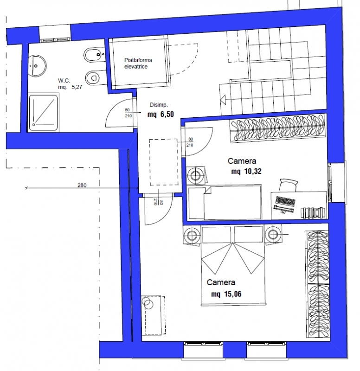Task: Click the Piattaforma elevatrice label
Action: coord(138,64)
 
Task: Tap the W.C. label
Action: coord(64,81)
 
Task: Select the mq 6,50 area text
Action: coord(161,114)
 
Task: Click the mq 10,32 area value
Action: coord(246,171)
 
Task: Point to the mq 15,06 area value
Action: coord(226,294)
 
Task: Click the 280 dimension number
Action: coord(82,185)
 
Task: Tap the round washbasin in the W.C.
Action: coord(37,66)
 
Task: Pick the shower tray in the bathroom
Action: coord(44,112)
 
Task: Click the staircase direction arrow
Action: coord(223,100)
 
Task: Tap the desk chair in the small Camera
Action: coord(288,185)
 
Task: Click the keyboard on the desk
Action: coord(286,202)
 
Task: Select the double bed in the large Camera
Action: coord(233,265)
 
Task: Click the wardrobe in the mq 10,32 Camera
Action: coord(278,128)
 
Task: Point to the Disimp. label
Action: coord(159,105)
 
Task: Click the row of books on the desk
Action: coord(312,212)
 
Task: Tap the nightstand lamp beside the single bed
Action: coord(196,175)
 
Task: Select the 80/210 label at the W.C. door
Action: coord(128,113)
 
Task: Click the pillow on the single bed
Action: coord(196,203)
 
